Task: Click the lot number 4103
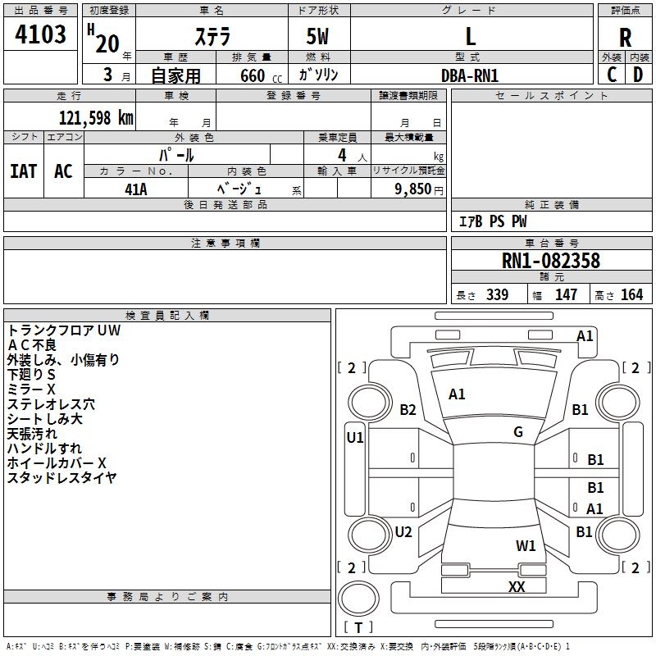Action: coord(41,35)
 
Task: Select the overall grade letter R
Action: coord(625,38)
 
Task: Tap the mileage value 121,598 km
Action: coord(95,117)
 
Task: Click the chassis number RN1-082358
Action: coord(551,262)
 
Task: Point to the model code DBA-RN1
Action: coord(470,75)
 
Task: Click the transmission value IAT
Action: coord(24,171)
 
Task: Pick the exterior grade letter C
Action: coord(612,75)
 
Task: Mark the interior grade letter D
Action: coord(638,75)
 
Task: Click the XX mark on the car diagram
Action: coord(517,586)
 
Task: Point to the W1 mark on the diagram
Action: coord(526,545)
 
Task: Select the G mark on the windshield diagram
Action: coord(518,432)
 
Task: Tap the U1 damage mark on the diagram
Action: coord(355,438)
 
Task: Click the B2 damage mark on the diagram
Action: coord(408,410)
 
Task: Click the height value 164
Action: coord(631,295)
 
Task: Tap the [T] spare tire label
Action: coord(358,628)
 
